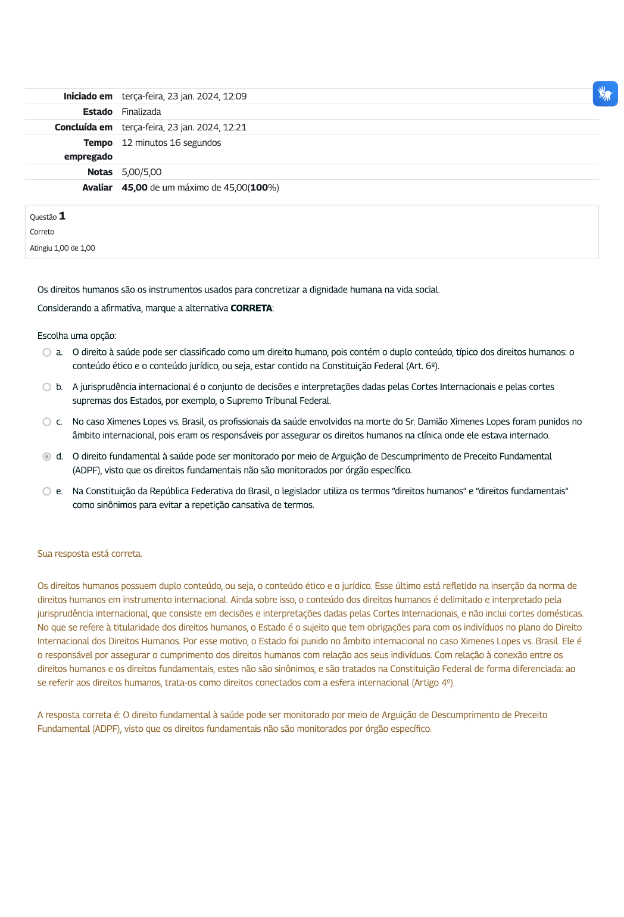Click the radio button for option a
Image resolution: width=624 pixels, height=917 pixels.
[x=47, y=353]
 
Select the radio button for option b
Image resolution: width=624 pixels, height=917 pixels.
[x=47, y=387]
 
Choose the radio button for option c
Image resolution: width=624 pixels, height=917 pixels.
[x=47, y=422]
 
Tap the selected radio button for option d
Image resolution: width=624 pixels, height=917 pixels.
[x=47, y=457]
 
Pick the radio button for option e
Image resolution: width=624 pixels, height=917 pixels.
[x=47, y=491]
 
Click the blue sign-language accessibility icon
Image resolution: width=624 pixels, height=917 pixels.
[x=605, y=94]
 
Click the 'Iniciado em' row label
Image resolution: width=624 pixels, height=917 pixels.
[x=88, y=96]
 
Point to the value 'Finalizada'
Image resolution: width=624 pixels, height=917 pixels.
[x=141, y=112]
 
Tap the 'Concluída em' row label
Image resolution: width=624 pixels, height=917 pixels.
[x=83, y=127]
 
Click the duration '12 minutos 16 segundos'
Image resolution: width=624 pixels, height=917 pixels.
[x=171, y=143]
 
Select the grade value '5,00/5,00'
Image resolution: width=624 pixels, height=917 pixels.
[x=141, y=172]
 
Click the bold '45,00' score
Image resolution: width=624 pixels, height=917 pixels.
[x=135, y=188]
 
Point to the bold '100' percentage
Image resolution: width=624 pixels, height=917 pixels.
[x=259, y=188]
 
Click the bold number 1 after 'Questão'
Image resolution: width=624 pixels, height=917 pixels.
[x=63, y=216]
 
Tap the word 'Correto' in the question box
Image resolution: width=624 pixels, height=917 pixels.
[x=42, y=232]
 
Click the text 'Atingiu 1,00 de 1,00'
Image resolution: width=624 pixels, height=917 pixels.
[x=63, y=248]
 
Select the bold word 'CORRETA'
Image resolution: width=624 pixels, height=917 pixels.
[x=251, y=308]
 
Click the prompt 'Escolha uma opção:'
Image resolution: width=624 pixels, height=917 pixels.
[x=77, y=336]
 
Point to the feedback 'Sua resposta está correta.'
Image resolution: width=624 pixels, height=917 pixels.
[x=90, y=554]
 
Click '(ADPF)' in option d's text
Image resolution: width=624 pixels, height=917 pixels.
[x=86, y=470]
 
